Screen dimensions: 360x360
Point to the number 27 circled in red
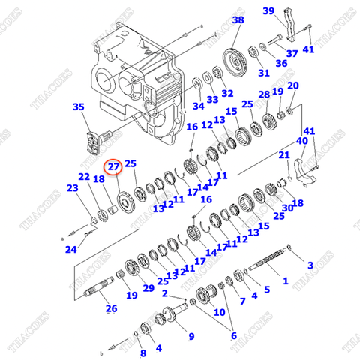click(x=112, y=167)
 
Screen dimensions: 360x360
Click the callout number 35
click(x=79, y=107)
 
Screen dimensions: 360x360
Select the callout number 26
click(x=111, y=308)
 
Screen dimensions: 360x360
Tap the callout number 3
click(x=310, y=265)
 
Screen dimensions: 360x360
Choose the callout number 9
click(x=190, y=335)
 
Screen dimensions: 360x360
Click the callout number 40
click(x=301, y=140)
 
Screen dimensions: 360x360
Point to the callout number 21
click(x=284, y=155)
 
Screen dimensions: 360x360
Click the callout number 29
click(x=148, y=287)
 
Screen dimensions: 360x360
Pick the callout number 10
click(x=219, y=310)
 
